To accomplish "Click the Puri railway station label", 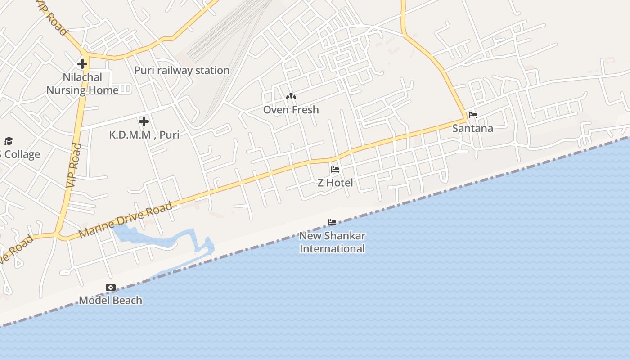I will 182,71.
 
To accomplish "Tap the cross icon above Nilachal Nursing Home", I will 82,63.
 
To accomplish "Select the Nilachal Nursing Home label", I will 82,84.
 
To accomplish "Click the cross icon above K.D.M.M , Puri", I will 144,121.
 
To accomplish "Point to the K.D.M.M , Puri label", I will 144,135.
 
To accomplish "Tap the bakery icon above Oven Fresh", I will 291,96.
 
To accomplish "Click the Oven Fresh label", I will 291,110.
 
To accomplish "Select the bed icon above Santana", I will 472,115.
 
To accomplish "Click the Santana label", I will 472,128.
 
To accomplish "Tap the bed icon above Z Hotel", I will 335,170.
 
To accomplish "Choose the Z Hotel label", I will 335,183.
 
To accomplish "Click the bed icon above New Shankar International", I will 332,222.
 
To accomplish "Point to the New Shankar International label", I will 332,242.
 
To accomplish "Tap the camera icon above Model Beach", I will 110,288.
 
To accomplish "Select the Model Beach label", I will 110,301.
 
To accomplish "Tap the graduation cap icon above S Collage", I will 9,141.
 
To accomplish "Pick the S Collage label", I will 20,154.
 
